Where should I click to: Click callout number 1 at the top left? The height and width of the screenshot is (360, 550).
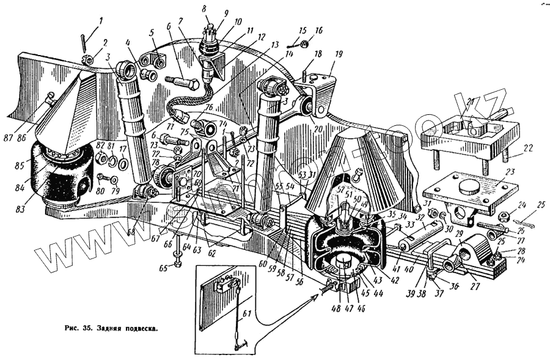tap(100, 21)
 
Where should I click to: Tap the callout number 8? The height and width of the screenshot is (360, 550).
tap(205, 10)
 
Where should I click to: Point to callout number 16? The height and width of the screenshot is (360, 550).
tap(318, 31)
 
